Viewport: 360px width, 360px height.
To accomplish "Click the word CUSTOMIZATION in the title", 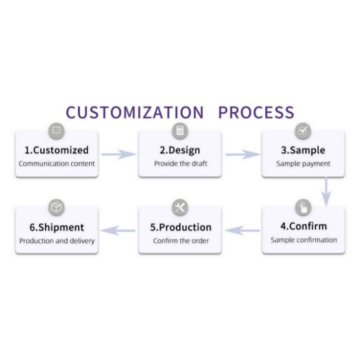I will [x=135, y=112].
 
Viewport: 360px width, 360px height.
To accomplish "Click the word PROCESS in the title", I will [x=256, y=112].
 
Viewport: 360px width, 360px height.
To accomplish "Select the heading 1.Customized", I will [x=56, y=150].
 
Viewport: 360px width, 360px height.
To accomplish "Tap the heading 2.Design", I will [x=180, y=150].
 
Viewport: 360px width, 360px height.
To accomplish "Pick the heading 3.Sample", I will [x=303, y=150].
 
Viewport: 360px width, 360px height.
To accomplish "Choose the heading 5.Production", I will [x=180, y=227].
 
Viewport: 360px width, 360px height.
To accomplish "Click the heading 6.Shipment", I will [x=56, y=227].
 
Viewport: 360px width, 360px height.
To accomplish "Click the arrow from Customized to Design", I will [x=118, y=154].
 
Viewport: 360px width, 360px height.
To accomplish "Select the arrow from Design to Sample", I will [x=242, y=154].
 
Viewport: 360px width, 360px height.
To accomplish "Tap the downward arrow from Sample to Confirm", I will [x=326, y=191].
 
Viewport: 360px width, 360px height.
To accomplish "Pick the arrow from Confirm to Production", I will [x=242, y=230].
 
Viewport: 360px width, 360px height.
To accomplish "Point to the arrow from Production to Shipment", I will [x=118, y=230].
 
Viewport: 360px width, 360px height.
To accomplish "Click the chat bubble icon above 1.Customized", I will [x=56, y=130].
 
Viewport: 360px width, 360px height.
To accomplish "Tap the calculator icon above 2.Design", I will [x=180, y=131].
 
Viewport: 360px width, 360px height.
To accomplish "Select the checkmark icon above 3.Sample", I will [x=303, y=131].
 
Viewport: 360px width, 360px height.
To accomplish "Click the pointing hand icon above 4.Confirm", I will [x=303, y=208].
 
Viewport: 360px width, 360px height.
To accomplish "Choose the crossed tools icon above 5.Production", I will [x=180, y=208].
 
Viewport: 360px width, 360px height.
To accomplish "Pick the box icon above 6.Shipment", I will [x=56, y=208].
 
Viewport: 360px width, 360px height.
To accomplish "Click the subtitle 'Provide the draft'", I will [x=180, y=164].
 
